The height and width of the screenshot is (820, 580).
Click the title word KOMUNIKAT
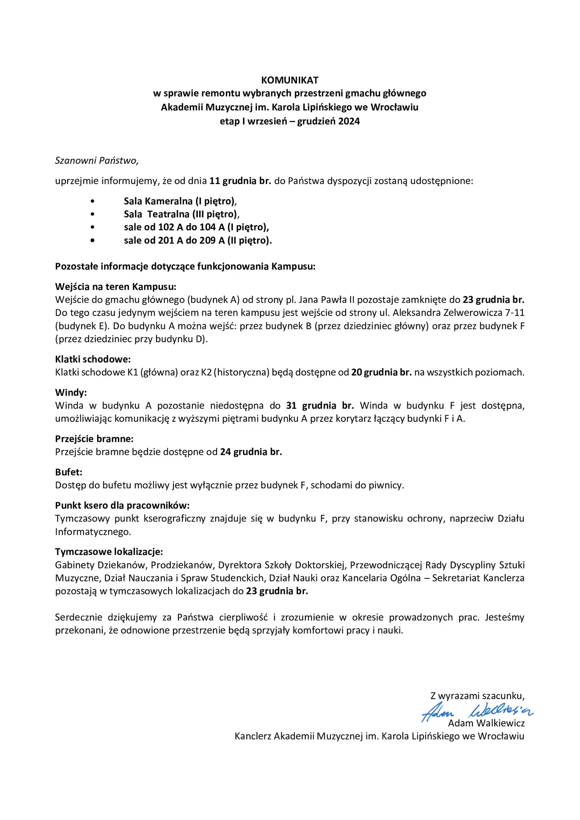tap(290, 80)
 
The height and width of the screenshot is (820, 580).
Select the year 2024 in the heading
tap(349, 121)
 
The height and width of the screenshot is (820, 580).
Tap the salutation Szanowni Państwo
tap(97, 160)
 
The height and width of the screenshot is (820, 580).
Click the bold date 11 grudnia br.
tap(240, 181)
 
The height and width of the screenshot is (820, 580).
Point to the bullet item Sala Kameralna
tap(180, 201)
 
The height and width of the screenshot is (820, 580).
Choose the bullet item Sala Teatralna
tap(181, 214)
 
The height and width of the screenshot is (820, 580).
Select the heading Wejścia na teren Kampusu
tap(116, 287)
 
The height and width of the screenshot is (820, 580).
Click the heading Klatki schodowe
tap(93, 359)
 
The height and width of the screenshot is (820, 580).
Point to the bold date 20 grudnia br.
tap(381, 372)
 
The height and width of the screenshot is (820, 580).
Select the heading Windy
tap(71, 392)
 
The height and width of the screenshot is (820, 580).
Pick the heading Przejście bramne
tap(94, 439)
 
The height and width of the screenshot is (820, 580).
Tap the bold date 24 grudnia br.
tap(251, 452)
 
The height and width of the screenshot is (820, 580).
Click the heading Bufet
tap(69, 472)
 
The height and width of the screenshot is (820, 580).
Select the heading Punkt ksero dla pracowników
tap(122, 505)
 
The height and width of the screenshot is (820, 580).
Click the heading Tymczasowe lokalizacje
tap(109, 552)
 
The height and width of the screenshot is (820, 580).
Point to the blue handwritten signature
tap(478, 711)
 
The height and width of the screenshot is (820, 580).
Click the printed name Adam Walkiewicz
tap(486, 723)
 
